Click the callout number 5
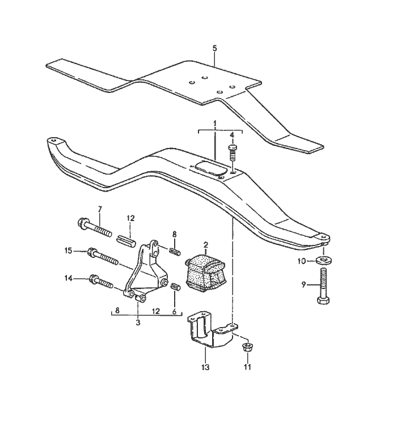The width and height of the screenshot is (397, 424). click(214, 48)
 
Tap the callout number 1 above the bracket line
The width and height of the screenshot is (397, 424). click(215, 123)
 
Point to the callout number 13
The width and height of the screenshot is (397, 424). click(205, 367)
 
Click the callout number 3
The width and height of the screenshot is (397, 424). click(138, 322)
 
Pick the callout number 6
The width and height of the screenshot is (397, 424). click(173, 311)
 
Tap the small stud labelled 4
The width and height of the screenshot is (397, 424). click(232, 152)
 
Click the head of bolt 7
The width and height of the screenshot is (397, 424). click(80, 223)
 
